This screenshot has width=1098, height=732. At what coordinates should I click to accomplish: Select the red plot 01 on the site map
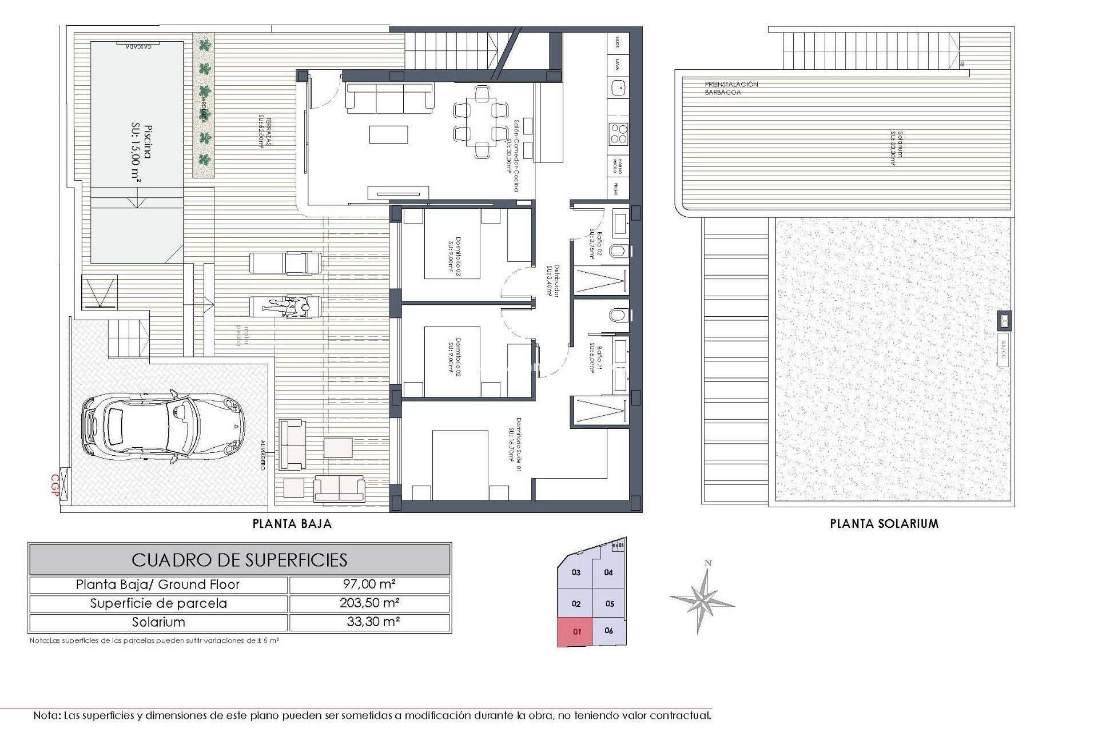point(576,632)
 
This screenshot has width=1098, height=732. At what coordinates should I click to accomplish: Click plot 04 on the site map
point(608,572)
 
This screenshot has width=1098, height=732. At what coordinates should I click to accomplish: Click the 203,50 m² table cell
point(369,603)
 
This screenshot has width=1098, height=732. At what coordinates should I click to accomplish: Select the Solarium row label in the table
point(158,622)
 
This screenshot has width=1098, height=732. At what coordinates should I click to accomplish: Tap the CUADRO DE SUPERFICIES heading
point(240,559)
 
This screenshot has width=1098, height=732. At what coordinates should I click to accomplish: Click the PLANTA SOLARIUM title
point(884,523)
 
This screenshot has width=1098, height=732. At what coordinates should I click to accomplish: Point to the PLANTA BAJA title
point(292,523)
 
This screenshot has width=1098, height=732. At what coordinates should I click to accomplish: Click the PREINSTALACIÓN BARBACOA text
point(731,88)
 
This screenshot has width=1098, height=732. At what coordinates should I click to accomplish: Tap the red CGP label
point(55,486)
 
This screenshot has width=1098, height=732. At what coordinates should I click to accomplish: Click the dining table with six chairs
point(480,122)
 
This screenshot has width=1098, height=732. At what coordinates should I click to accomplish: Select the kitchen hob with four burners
point(618,134)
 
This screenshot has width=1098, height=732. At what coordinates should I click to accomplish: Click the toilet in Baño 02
point(618,251)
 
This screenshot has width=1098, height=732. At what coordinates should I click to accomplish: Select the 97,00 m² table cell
point(369,584)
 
